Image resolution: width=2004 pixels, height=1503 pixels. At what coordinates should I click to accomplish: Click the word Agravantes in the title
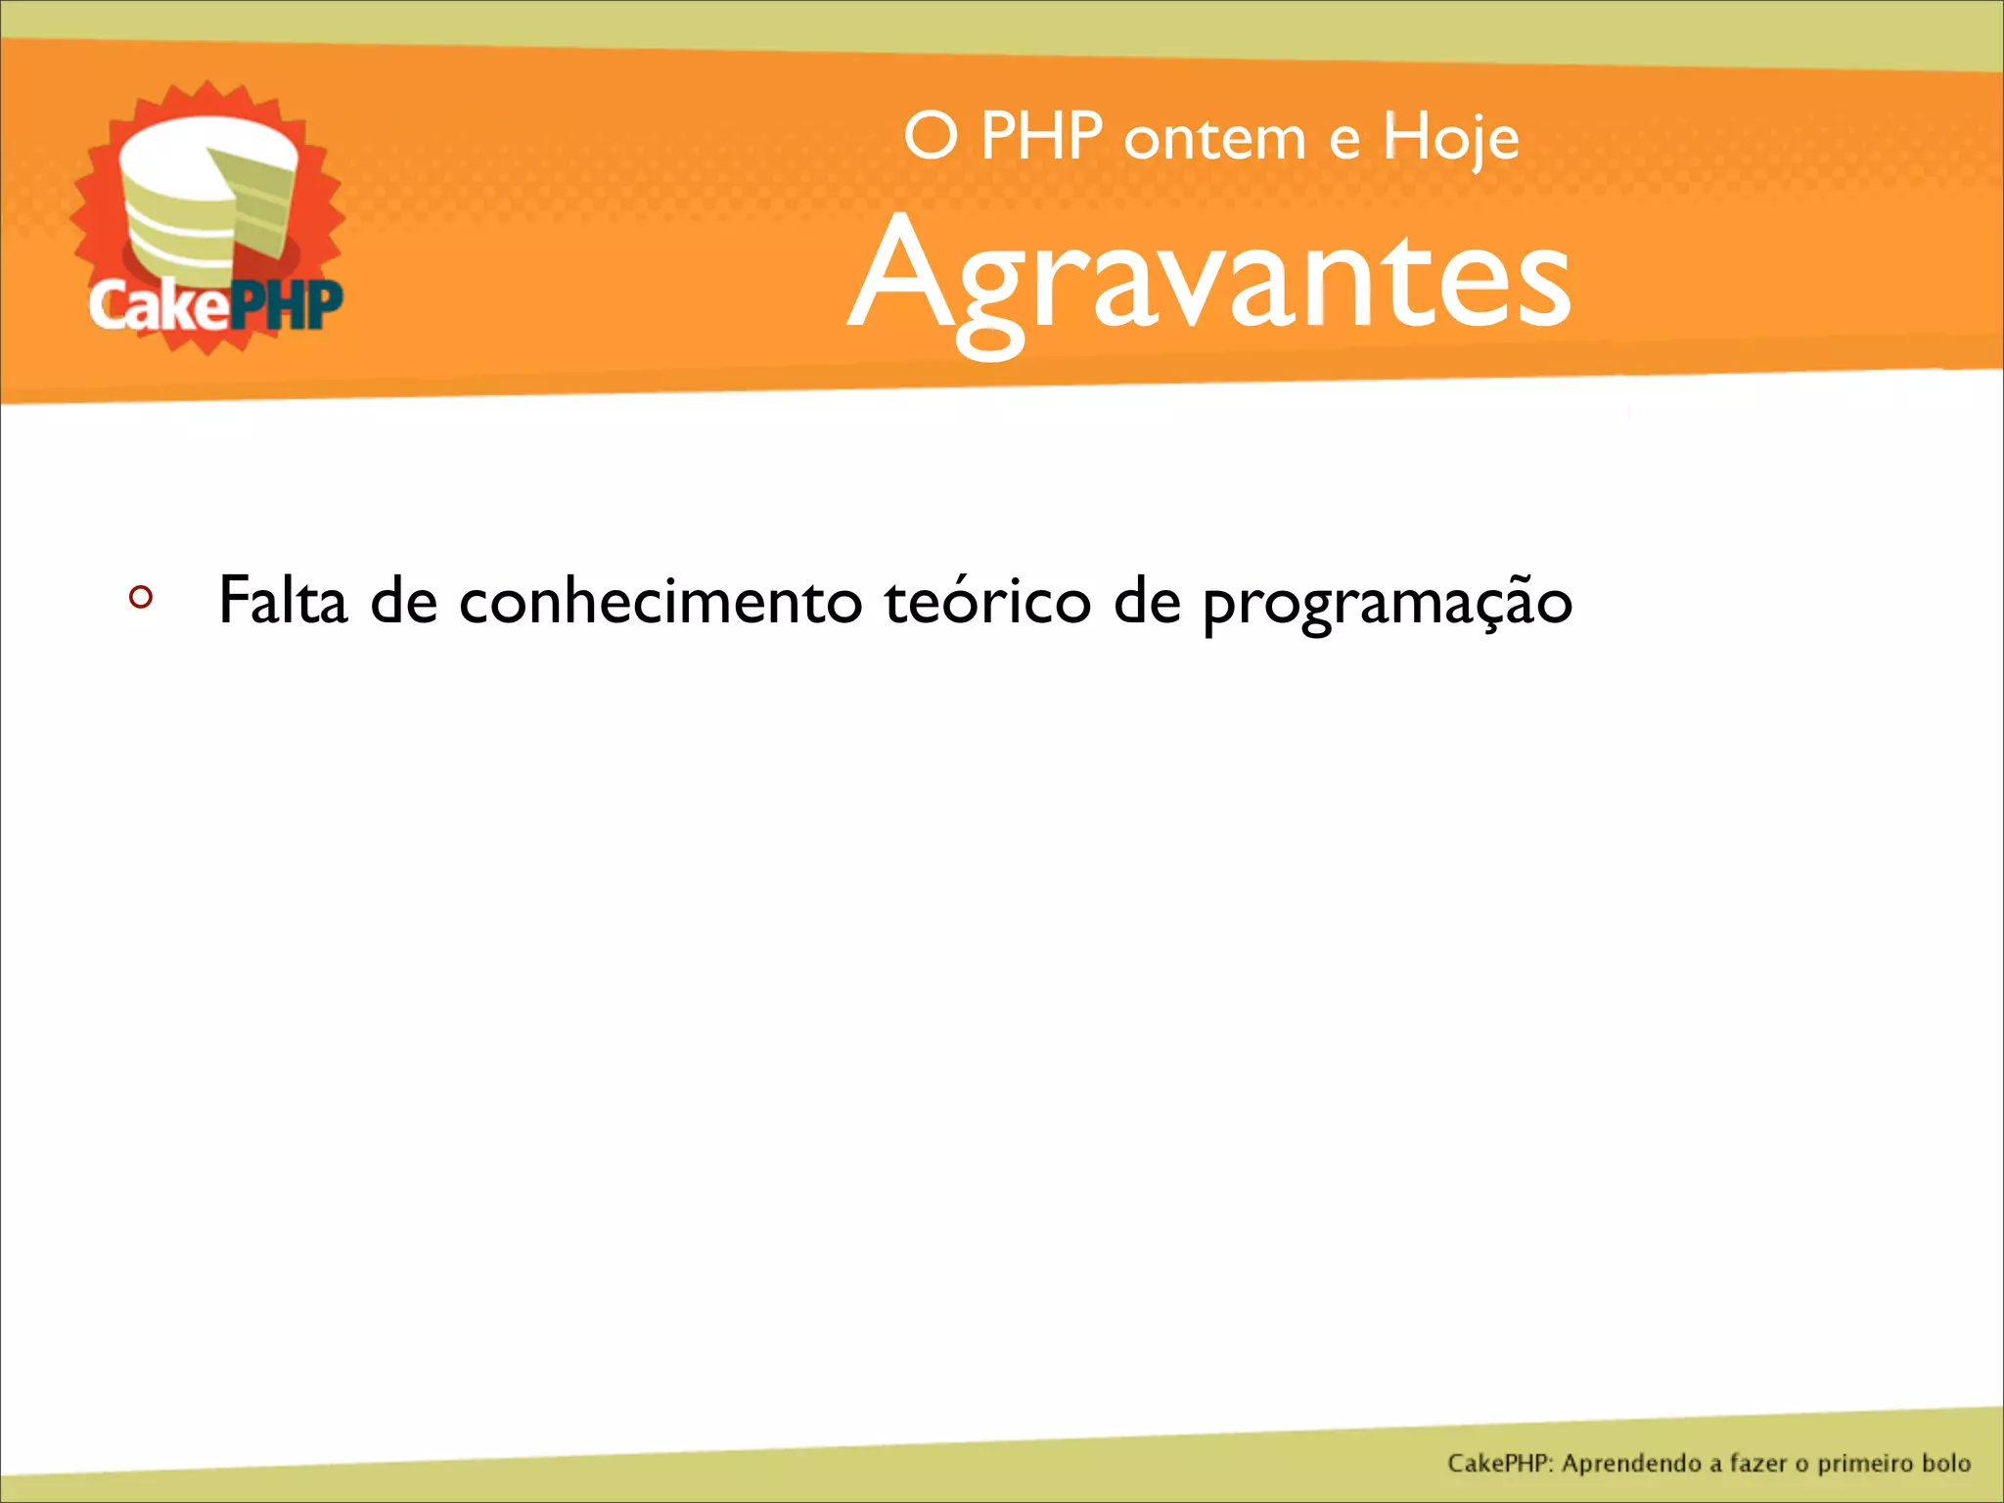tap(1209, 280)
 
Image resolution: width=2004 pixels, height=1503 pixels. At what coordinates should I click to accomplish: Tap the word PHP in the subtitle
tap(1041, 137)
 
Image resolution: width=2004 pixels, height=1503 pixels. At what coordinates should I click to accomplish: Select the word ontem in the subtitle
tap(1214, 139)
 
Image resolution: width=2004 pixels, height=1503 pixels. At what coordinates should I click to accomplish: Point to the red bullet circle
tap(141, 597)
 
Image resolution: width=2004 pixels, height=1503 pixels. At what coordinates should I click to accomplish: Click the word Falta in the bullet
tap(283, 600)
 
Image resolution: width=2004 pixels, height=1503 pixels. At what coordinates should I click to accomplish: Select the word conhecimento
tap(660, 600)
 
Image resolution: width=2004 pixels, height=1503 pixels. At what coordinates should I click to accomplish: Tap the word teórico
tap(987, 600)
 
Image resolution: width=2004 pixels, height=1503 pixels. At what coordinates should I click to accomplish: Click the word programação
tap(1387, 602)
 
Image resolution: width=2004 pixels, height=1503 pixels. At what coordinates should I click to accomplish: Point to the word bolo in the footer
tap(1945, 1464)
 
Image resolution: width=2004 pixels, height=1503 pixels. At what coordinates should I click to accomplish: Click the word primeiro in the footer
tap(1865, 1464)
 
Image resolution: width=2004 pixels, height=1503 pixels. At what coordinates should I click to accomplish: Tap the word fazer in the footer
tap(1757, 1464)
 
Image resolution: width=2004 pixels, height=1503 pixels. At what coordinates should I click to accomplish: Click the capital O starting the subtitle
tap(930, 137)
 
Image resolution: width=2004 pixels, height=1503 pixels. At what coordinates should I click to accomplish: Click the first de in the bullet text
tap(403, 600)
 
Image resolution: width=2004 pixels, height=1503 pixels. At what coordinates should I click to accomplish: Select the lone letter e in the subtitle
tap(1344, 141)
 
